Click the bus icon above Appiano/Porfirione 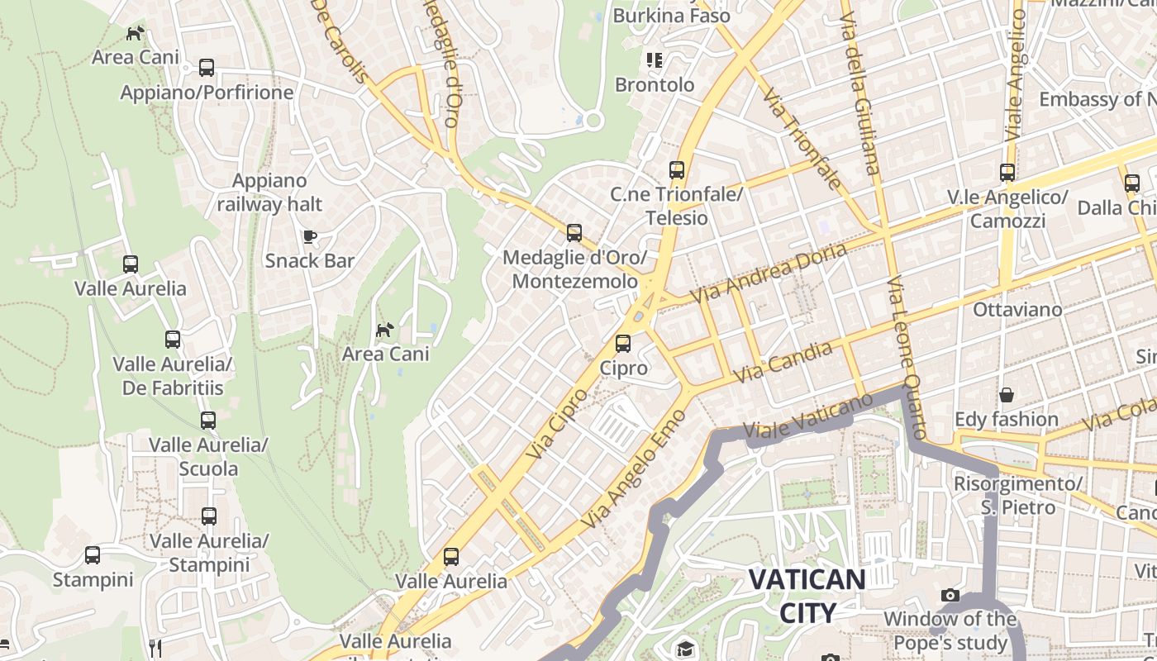click(207, 68)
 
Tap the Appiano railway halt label click(269, 192)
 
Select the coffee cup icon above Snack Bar click(310, 237)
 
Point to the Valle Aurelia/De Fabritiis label click(173, 375)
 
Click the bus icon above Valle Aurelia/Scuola click(208, 421)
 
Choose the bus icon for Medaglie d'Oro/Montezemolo click(574, 233)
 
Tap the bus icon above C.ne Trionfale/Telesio click(677, 170)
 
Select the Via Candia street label click(783, 362)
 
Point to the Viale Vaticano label click(807, 416)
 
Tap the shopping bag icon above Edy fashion click(1007, 396)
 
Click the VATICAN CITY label click(807, 595)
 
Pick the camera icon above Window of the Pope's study click(950, 595)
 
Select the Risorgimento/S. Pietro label click(1018, 494)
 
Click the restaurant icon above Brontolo click(655, 60)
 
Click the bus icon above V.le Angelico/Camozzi click(1007, 173)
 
